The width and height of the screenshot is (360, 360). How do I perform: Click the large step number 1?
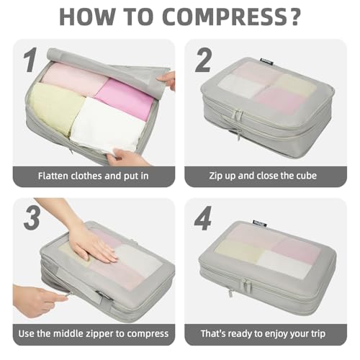click(x=30, y=60)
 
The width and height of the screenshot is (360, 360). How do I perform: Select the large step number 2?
click(x=204, y=60)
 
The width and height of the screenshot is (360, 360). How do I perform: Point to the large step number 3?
click(x=30, y=218)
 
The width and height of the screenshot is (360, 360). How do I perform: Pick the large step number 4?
click(x=204, y=218)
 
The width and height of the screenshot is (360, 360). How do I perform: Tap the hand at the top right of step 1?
click(x=166, y=78)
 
